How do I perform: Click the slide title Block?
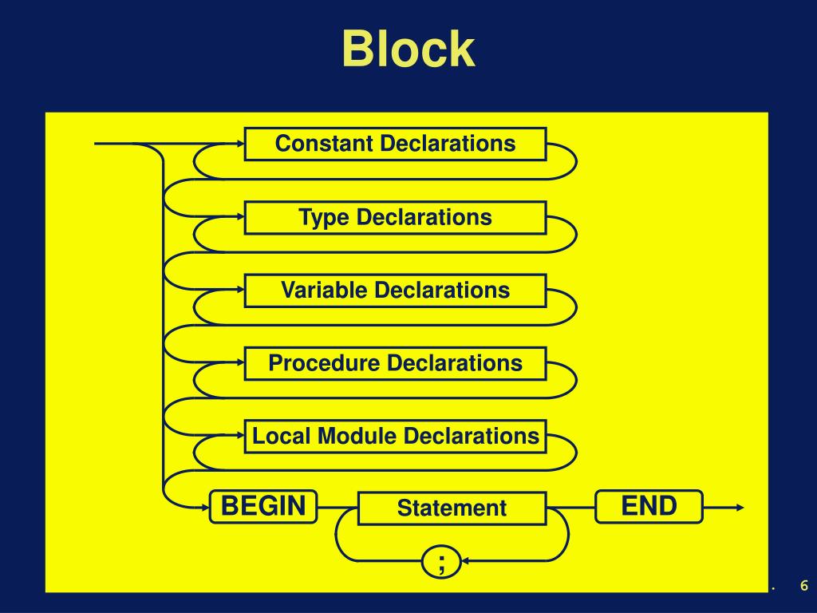coord(408,49)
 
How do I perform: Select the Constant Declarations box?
coord(396,144)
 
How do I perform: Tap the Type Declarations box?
coord(396,217)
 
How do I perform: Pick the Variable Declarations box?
coord(396,291)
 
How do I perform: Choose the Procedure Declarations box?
coord(396,363)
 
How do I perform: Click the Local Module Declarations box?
coord(396,437)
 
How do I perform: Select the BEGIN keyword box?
coord(263,506)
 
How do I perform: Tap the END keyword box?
coord(649,506)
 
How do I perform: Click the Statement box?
coord(452,508)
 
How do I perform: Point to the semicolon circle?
coord(441,561)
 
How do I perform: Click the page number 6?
coord(804,585)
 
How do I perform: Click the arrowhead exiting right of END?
coord(740,507)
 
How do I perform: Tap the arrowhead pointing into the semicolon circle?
coord(466,561)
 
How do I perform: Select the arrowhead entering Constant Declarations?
coord(240,144)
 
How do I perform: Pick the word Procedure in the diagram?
coord(324,363)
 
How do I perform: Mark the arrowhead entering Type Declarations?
coord(240,217)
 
